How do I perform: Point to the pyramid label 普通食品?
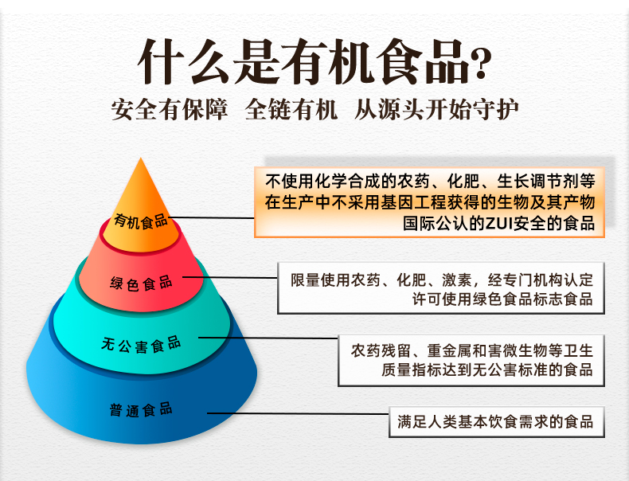(x=142, y=411)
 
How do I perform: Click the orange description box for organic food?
(x=430, y=201)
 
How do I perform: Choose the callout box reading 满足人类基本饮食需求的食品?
(x=495, y=421)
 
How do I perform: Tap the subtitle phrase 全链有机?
(x=291, y=110)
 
